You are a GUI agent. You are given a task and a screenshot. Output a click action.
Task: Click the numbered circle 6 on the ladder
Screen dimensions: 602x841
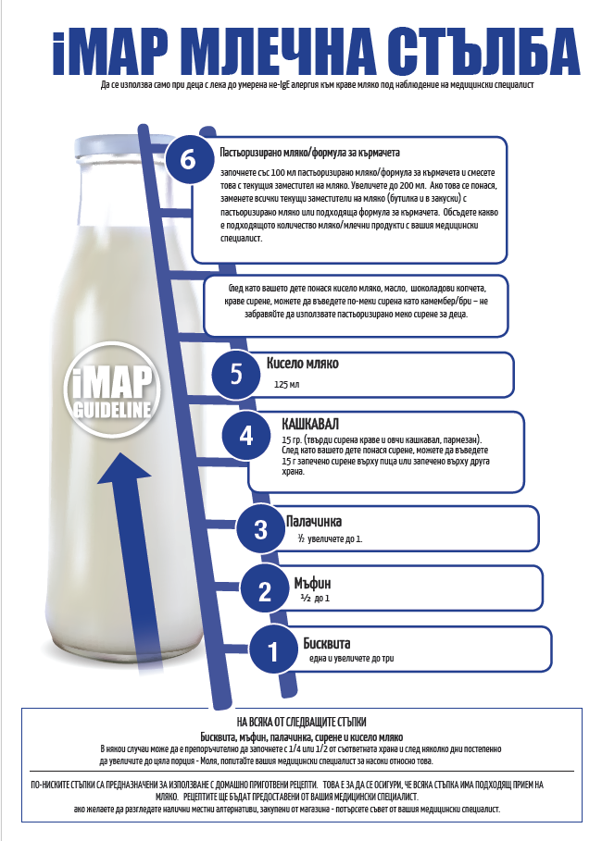tap(188, 159)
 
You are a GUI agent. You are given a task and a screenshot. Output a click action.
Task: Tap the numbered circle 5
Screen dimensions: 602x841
tap(235, 374)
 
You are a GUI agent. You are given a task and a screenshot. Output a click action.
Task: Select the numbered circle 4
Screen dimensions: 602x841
tap(246, 436)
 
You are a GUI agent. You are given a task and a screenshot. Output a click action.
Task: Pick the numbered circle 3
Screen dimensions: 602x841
tap(260, 529)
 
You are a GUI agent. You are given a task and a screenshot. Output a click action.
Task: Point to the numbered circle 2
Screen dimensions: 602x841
tap(265, 591)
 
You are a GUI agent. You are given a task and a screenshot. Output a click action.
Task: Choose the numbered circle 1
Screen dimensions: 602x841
tap(273, 651)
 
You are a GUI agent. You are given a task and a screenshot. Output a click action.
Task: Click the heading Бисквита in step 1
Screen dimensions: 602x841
tap(327, 643)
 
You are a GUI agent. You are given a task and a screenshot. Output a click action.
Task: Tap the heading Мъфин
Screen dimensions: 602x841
tap(312, 583)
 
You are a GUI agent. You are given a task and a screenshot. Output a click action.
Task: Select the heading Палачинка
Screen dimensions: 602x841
tap(314, 521)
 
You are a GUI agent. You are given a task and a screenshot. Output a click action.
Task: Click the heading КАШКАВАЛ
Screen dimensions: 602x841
tap(310, 425)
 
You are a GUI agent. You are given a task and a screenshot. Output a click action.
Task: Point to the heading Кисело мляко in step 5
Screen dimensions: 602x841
tap(302, 363)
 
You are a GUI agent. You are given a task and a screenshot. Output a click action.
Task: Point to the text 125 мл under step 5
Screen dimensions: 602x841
tap(287, 385)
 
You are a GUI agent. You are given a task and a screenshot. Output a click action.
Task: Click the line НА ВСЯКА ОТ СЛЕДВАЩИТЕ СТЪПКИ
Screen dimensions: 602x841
tap(301, 722)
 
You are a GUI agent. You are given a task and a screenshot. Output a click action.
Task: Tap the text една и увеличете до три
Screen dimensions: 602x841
tap(352, 658)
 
